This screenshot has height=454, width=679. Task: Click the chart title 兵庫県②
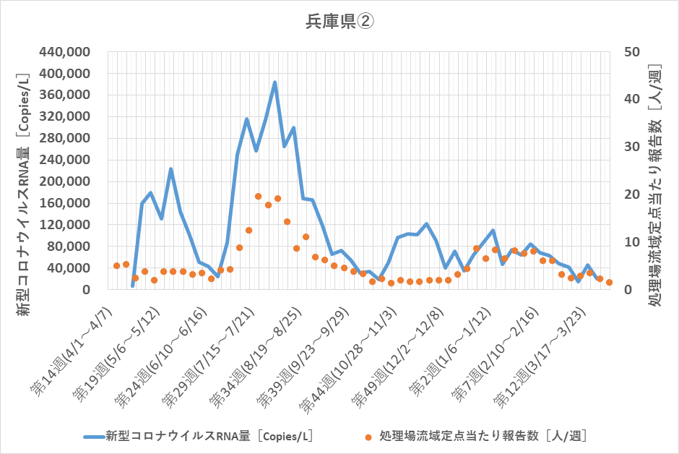pos(338,22)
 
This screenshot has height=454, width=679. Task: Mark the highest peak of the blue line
pos(274,82)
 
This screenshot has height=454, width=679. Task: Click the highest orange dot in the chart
pos(258,196)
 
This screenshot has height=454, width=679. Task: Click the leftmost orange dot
pos(116,266)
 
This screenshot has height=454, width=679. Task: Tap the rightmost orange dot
pos(609,283)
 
